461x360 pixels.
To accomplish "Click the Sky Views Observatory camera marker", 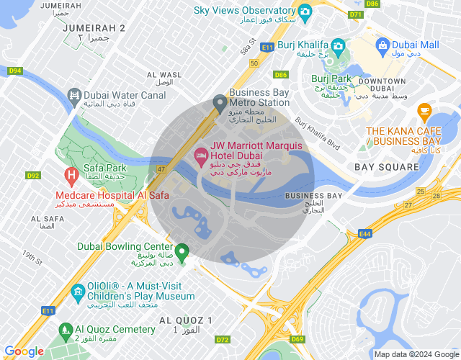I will (x=305, y=12).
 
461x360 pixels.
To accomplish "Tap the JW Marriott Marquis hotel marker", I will (x=200, y=155).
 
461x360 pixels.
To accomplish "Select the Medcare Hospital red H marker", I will (x=71, y=175).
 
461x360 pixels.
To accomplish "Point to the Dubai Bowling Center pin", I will (x=183, y=252).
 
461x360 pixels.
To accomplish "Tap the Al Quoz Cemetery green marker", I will (x=67, y=330).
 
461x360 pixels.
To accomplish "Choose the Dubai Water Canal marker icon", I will (x=74, y=95).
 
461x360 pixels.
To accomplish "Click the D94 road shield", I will (x=15, y=71).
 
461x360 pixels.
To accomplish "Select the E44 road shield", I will (x=364, y=233).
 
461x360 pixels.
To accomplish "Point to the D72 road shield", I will (x=223, y=339).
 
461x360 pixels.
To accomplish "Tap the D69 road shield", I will (x=298, y=338).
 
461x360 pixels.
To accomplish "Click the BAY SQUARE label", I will (x=387, y=167).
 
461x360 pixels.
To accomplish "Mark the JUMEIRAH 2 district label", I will (x=94, y=27).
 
